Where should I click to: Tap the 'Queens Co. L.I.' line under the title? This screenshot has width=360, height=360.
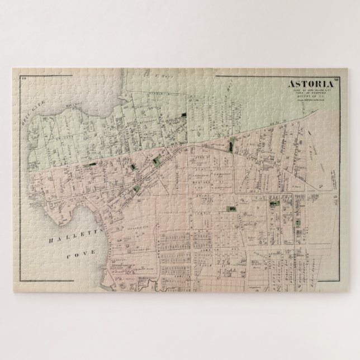[307, 99]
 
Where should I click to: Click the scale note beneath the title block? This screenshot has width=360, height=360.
[307, 103]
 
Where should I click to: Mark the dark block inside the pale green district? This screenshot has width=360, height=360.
[184, 114]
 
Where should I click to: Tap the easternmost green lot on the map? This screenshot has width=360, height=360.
[272, 204]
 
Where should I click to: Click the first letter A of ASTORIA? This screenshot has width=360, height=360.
[291, 85]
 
